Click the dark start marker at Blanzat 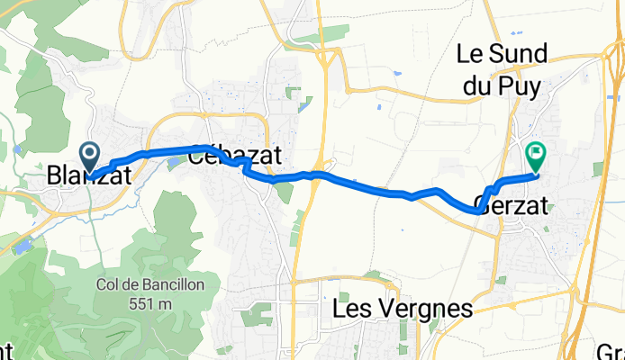point(90,156)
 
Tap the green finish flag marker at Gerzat point(536,156)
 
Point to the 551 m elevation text point(151,303)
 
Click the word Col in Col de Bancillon point(109,283)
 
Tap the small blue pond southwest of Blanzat point(23,242)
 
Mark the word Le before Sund point(469,54)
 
